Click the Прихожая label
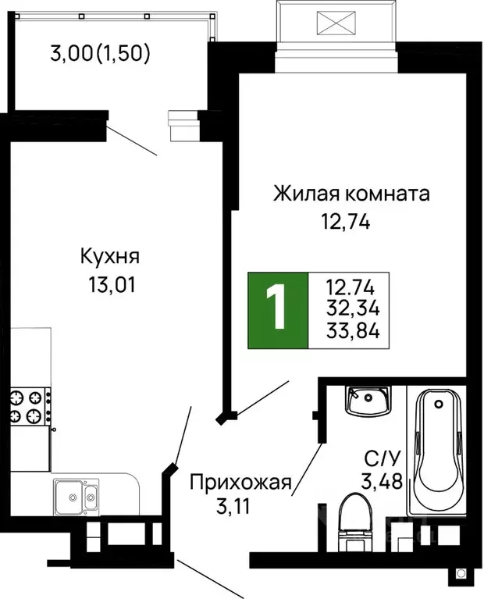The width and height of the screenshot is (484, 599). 240,483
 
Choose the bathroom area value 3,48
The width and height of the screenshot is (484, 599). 382,482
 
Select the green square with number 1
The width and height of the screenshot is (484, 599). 278,310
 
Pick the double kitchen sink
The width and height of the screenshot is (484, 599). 76,495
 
